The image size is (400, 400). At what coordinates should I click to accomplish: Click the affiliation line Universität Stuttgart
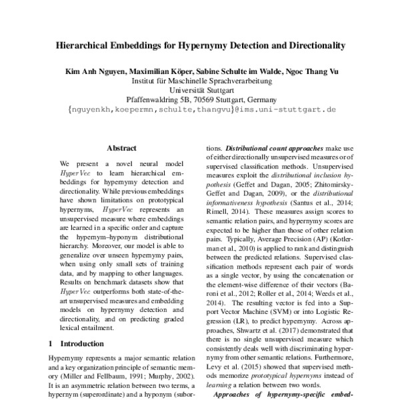[200, 88]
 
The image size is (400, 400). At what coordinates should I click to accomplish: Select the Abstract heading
[121, 148]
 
